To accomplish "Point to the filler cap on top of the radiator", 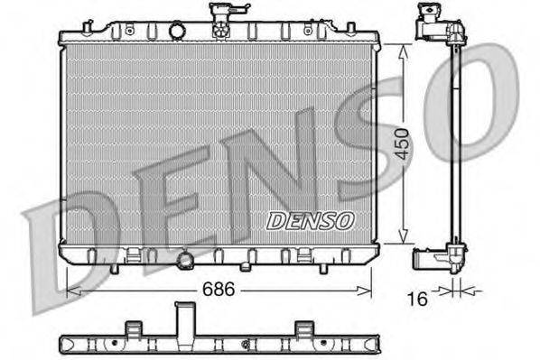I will [219, 20].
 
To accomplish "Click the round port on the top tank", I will [178, 32].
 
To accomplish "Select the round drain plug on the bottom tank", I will [187, 261].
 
